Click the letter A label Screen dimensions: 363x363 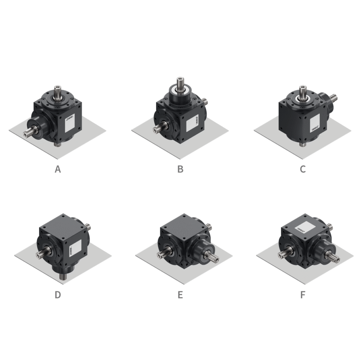58,169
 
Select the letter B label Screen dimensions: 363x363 180,169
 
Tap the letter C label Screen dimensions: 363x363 302,169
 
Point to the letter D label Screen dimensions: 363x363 57,295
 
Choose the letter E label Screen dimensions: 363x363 180,295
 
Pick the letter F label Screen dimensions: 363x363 302,295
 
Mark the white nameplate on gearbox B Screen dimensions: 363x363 193,124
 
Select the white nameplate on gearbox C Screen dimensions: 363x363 315,125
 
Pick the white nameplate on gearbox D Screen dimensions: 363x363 76,246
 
